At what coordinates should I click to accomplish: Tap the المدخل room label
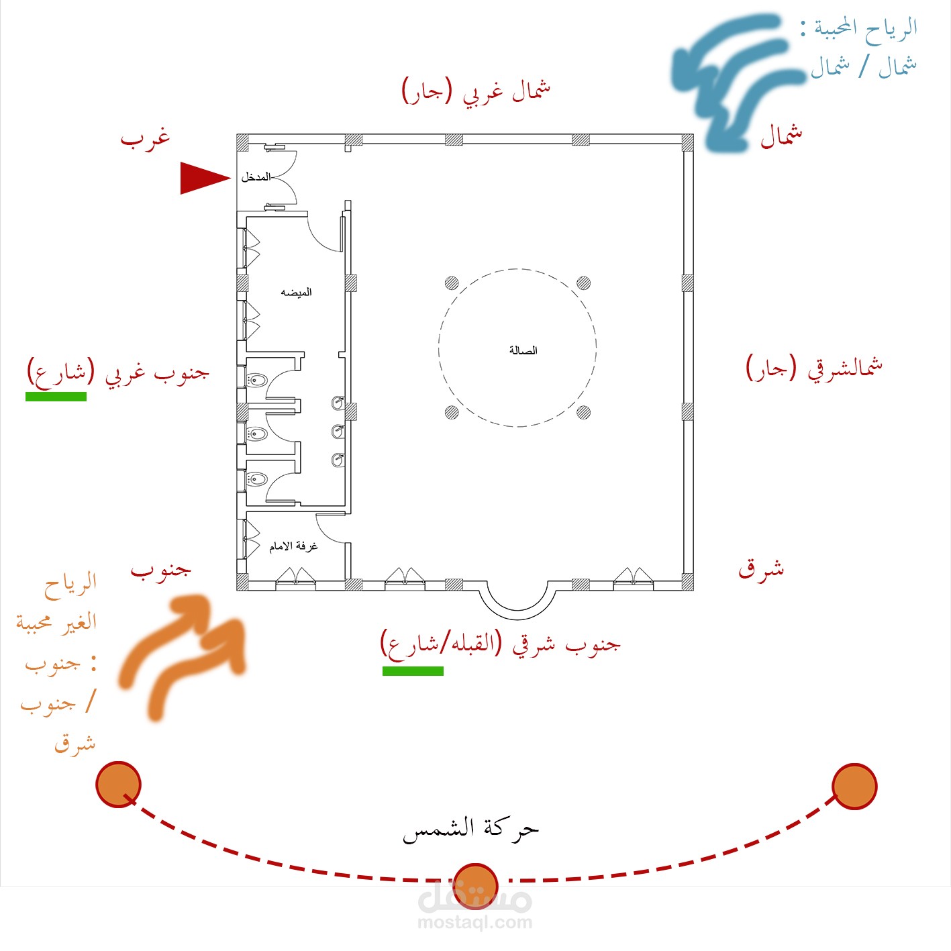(x=256, y=177)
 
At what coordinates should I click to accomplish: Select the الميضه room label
(x=296, y=292)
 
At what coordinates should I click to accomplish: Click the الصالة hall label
(x=523, y=350)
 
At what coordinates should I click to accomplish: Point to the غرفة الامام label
(x=293, y=546)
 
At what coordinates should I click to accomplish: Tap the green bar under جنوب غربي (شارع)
(x=56, y=397)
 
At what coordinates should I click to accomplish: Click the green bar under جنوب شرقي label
(x=413, y=670)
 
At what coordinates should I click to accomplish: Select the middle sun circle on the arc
(x=475, y=885)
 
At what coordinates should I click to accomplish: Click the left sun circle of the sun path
(x=118, y=784)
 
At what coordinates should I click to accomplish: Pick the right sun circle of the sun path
(x=854, y=786)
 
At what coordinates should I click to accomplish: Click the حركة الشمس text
(x=470, y=830)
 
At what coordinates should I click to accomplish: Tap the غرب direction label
(x=145, y=138)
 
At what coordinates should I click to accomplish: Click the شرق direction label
(x=761, y=569)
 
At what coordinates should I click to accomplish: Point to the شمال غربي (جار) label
(x=476, y=90)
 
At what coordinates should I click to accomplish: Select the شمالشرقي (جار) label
(x=814, y=368)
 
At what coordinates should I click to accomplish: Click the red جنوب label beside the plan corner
(x=161, y=570)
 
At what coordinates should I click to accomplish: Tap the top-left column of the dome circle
(x=452, y=283)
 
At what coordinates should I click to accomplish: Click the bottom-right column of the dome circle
(x=583, y=411)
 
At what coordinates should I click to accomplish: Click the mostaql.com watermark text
(x=474, y=923)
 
